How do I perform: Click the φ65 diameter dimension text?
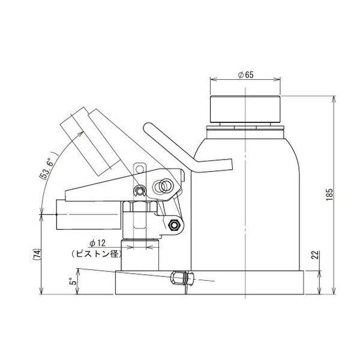pyautogui.click(x=247, y=75)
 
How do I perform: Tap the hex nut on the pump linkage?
pyautogui.click(x=175, y=226)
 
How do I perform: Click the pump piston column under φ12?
pyautogui.click(x=140, y=255)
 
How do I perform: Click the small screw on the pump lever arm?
pyautogui.click(x=139, y=191)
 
